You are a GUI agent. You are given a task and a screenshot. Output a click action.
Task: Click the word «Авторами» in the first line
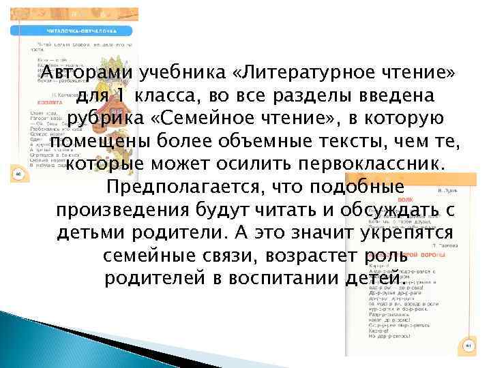(x=87, y=73)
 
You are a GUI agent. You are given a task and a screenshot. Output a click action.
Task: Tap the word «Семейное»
(x=224, y=119)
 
